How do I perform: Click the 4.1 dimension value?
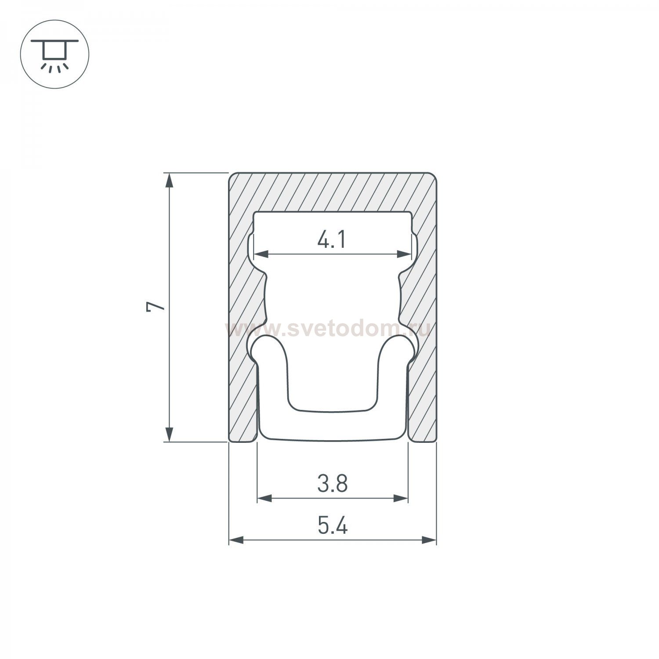click(332, 241)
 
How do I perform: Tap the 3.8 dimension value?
click(333, 484)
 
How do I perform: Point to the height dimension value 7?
click(156, 307)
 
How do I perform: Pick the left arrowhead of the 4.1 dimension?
click(262, 253)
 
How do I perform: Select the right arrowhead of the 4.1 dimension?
click(404, 253)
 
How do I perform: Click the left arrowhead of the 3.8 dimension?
click(264, 498)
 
